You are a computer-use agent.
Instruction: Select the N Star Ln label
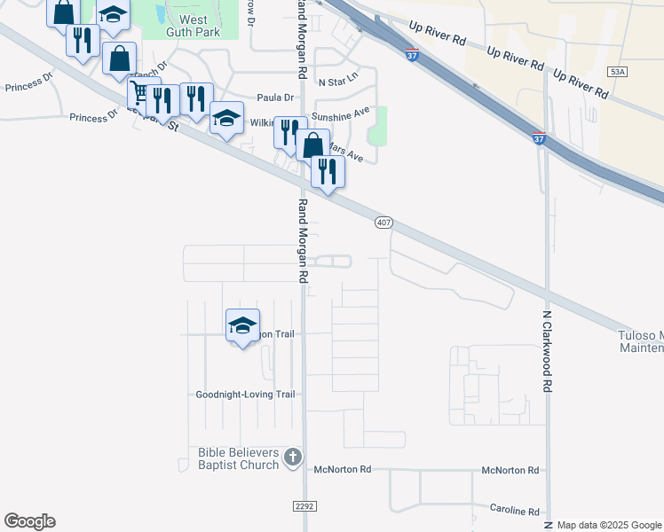(337, 77)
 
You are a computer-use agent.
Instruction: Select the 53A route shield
(619, 71)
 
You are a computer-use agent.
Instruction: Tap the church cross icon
(293, 458)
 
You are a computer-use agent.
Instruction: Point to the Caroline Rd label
(515, 511)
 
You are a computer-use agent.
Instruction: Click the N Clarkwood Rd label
(548, 351)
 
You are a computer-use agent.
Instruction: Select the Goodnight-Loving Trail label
(245, 395)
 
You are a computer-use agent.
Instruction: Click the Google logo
(29, 521)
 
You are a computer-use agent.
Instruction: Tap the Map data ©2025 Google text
(608, 525)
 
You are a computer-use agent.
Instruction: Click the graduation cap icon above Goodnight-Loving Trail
(242, 325)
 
